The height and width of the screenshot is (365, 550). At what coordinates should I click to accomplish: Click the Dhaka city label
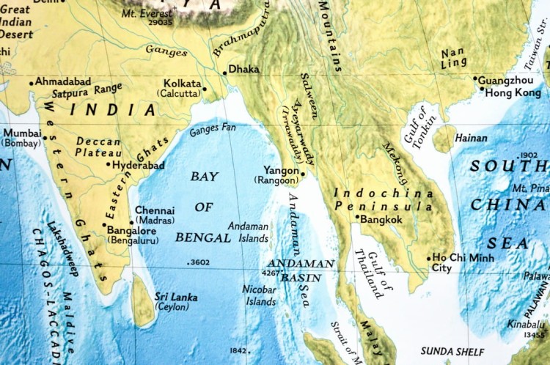coord(245,69)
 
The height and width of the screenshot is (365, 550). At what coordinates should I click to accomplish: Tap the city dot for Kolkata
coord(205,89)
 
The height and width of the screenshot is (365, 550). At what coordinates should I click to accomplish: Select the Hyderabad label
coord(139,165)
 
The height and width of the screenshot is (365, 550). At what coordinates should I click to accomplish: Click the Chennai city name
coord(155,210)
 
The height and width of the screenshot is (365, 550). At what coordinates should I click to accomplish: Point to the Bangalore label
coord(131,229)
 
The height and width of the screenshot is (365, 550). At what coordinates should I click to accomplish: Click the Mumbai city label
coord(21,133)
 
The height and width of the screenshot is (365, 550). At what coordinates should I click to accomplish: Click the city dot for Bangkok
coord(358,217)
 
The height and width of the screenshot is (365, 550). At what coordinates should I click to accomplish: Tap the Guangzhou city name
coord(507,79)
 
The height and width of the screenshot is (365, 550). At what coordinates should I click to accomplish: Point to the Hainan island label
coord(471,138)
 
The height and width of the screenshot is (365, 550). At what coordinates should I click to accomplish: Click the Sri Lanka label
coord(176,297)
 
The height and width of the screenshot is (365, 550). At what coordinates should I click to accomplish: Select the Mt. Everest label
coord(147,13)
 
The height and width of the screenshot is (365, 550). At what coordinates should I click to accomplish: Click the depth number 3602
coord(199,262)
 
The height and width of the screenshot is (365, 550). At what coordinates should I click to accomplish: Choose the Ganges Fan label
coord(213,130)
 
